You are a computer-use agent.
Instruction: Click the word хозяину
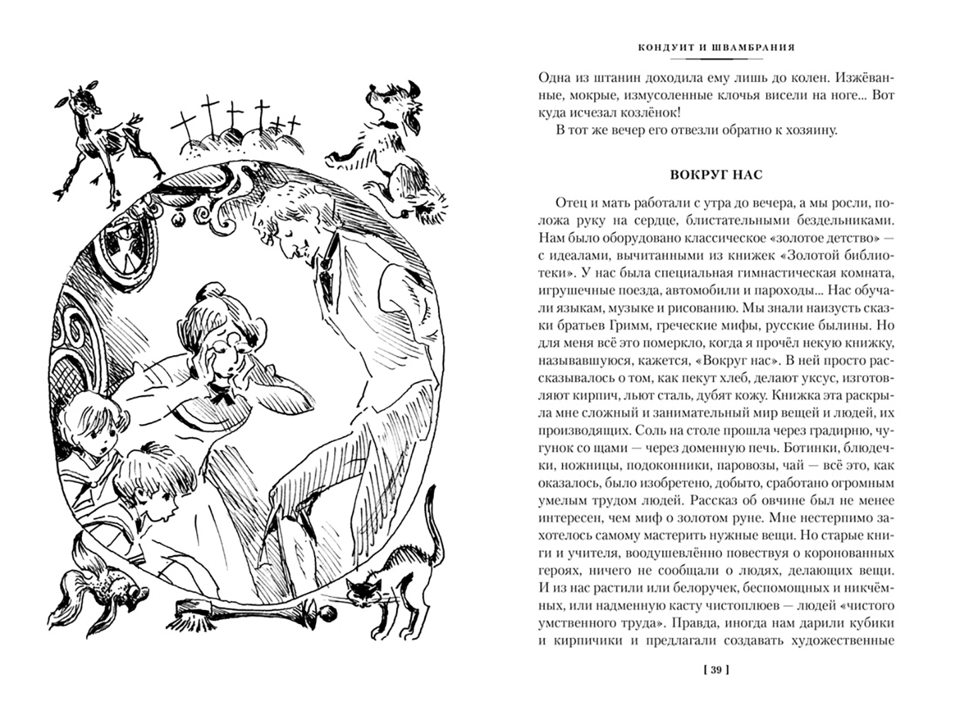[804, 129]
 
